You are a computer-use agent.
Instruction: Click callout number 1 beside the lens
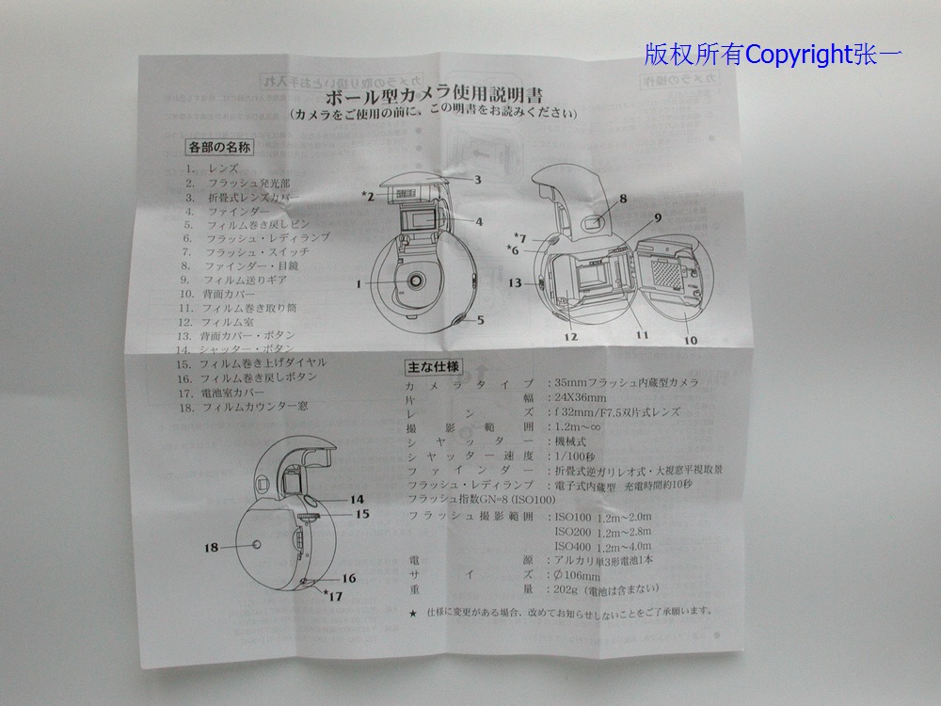[x=359, y=282]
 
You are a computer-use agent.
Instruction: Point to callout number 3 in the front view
[x=478, y=179]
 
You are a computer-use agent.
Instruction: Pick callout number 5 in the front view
[x=479, y=320]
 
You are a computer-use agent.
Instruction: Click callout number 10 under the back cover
[x=692, y=340]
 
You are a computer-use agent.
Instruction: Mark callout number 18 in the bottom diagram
[x=212, y=544]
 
